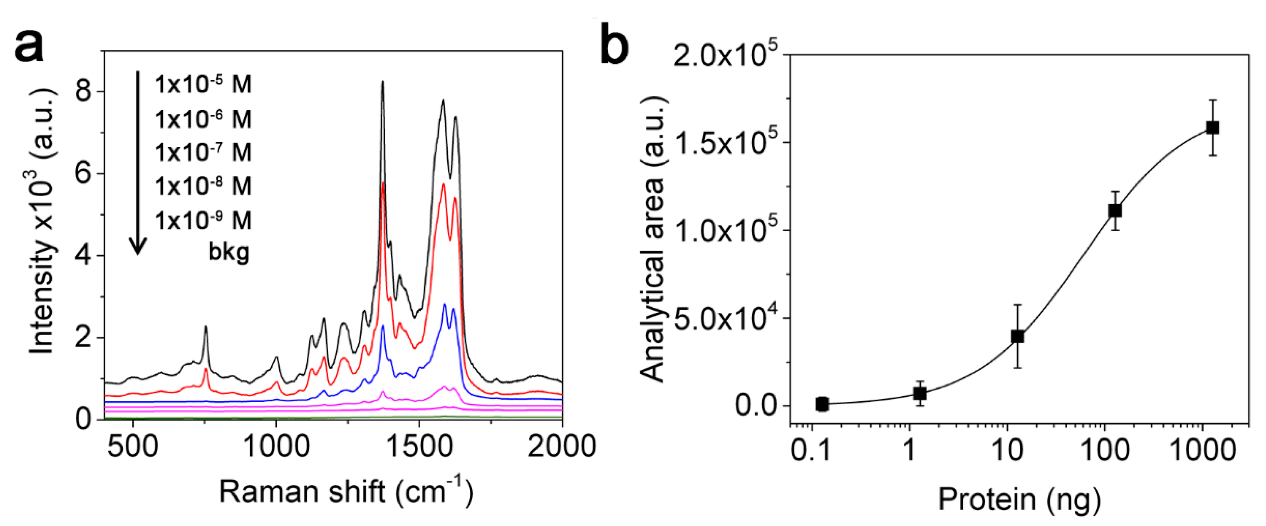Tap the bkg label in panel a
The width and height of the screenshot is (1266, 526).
click(x=229, y=252)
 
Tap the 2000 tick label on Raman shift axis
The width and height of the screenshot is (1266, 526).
click(x=561, y=447)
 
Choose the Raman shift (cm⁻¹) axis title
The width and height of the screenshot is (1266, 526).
click(x=346, y=491)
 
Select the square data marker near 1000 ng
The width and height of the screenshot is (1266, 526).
click(x=1212, y=128)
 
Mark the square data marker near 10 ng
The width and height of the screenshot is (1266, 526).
click(x=1017, y=336)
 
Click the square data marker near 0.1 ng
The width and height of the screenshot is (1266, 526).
click(x=822, y=404)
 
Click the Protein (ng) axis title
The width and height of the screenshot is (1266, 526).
click(x=1020, y=499)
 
